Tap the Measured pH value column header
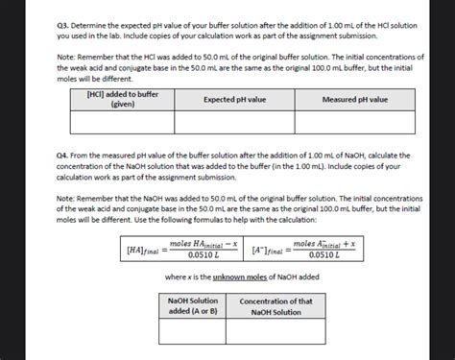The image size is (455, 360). coord(354,100)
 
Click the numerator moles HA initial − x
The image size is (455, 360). coord(203,244)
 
